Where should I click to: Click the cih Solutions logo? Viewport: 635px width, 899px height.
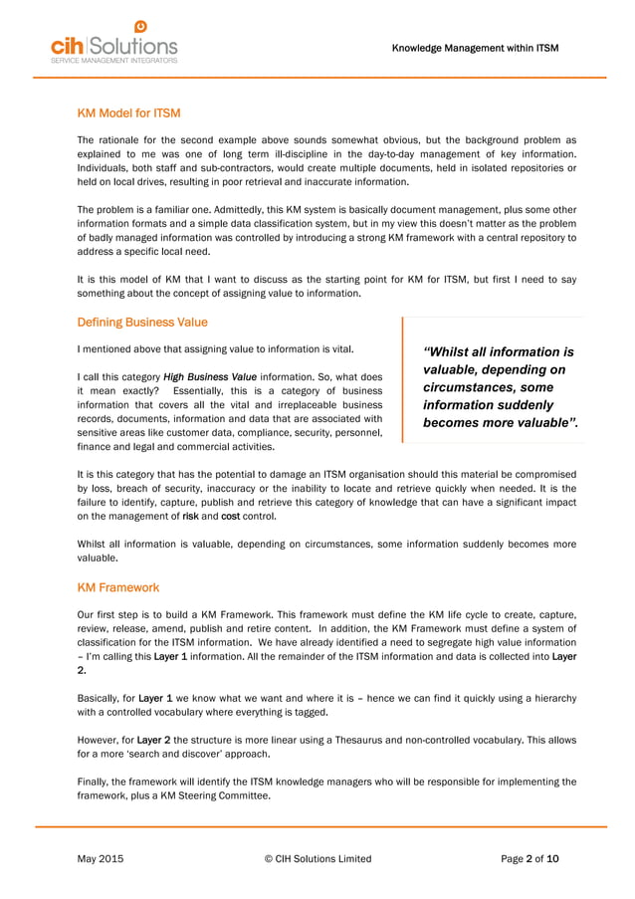tap(113, 45)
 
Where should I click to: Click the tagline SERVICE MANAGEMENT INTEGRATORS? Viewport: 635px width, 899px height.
tap(113, 61)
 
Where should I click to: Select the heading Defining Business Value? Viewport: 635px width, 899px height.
tap(141, 323)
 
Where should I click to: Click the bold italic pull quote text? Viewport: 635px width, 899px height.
tap(499, 387)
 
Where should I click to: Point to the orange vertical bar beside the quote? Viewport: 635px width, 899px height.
tap(403, 379)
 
